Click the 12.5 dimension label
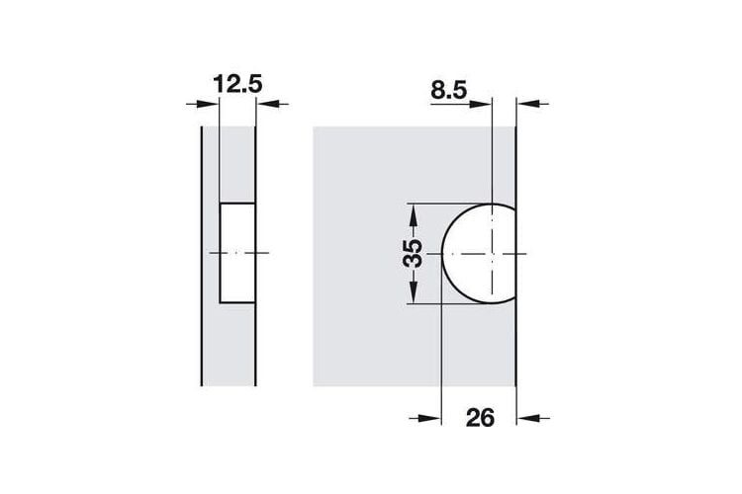coord(237,84)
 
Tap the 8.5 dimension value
coord(448,90)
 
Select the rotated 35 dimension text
coord(413,253)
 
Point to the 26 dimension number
coord(480,418)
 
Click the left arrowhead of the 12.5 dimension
coord(208,104)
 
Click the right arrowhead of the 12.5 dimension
coord(267,104)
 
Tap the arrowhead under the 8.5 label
coord(480,104)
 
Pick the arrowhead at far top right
coord(528,103)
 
